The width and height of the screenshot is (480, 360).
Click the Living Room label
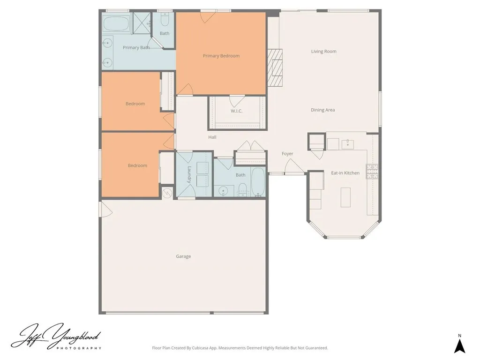coord(323,52)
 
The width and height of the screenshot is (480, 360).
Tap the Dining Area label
coord(322,110)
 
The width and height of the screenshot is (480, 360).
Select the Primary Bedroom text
coord(221,56)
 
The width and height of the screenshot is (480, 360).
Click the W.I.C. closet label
coord(236,111)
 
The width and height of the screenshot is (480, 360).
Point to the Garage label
coord(183,256)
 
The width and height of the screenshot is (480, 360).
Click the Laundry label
coord(190,174)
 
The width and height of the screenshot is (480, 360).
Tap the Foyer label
coord(287,154)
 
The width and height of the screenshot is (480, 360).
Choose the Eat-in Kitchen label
coord(345,173)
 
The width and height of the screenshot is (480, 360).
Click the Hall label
coord(212,137)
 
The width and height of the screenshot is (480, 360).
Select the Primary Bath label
coord(136,48)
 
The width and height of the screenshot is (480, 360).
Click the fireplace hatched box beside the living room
coord(276,68)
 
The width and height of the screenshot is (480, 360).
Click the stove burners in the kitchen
coord(372,172)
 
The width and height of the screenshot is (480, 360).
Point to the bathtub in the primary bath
coord(116,23)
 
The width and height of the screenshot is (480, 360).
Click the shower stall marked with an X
coord(141,22)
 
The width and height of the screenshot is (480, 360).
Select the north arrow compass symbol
coord(460,345)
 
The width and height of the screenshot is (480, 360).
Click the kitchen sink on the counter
coord(348,143)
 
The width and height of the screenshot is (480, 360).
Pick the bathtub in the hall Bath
coord(258,182)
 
